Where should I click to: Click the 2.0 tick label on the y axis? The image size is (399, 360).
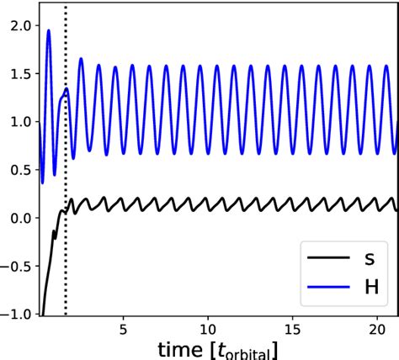(17, 26)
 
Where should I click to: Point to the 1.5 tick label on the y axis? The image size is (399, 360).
(17, 74)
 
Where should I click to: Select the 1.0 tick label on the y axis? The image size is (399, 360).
(17, 122)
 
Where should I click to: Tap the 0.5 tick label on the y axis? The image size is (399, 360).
(17, 170)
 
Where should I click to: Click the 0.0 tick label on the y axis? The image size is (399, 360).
(17, 218)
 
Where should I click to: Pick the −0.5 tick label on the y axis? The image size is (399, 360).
(13, 266)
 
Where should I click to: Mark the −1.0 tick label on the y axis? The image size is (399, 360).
(13, 313)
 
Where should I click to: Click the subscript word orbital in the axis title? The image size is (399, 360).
(258, 352)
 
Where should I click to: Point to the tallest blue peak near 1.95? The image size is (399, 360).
(49, 31)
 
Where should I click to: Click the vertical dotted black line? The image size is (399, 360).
(66, 168)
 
